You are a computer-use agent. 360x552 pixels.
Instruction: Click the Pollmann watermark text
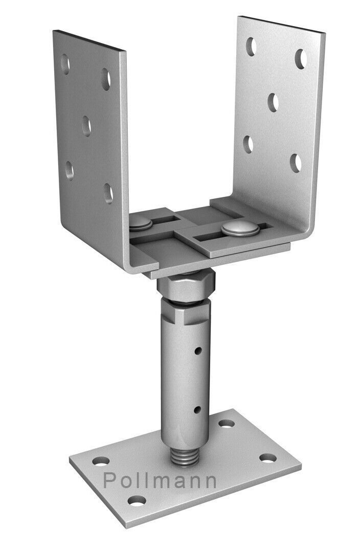point(160,481)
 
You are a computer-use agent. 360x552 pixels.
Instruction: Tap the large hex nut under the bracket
point(186,285)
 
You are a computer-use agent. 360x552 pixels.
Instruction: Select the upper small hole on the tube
point(198,351)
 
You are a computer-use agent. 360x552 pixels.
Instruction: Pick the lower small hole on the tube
point(197,409)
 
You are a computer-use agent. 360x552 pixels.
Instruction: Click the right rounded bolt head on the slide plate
point(240,229)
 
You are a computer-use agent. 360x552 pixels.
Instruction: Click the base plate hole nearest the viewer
point(137,500)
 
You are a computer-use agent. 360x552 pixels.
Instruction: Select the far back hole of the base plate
point(227,423)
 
